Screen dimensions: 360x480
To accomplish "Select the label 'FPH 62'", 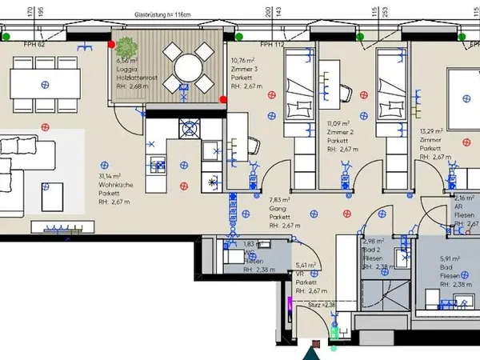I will pos(34,45).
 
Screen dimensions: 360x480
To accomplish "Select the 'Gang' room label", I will pos(278,208).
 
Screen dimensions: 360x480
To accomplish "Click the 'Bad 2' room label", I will pos(371,250).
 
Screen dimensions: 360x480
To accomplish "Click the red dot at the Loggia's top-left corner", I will pos(111,45).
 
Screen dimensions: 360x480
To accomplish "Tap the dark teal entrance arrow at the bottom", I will pos(310,353).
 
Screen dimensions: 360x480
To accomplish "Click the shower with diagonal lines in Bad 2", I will pos(375,292).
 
